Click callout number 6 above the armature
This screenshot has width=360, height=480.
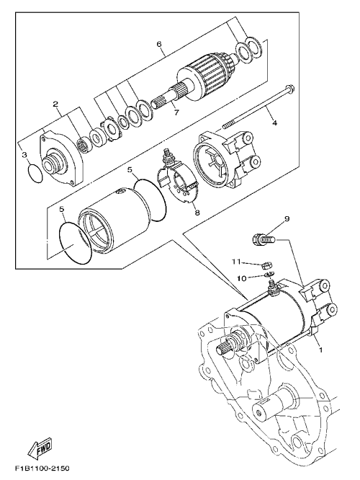(158, 44)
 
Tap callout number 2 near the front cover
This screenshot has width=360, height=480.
(55, 104)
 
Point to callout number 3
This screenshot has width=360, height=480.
(24, 155)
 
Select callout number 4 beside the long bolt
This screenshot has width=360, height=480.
(274, 123)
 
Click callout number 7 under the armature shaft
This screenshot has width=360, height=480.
(176, 112)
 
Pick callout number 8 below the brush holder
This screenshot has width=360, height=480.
(197, 212)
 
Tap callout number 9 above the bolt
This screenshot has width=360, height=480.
(287, 218)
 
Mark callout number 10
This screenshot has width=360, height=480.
(242, 278)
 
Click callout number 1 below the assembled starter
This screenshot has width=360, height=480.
(320, 350)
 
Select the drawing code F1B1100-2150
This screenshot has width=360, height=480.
(42, 468)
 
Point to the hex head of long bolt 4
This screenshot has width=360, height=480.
(291, 89)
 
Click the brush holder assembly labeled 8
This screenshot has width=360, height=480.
(179, 179)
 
